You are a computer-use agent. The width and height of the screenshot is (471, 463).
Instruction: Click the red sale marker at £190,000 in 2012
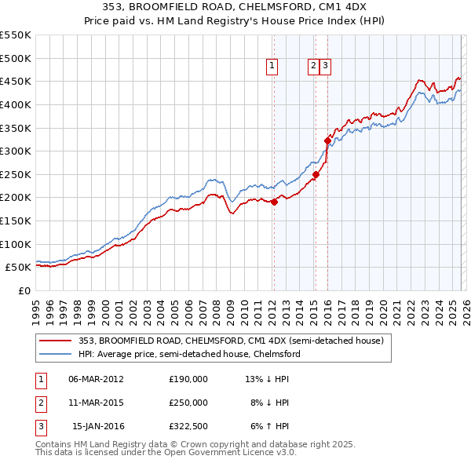tap(274, 202)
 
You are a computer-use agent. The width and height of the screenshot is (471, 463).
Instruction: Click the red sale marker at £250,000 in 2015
tap(316, 174)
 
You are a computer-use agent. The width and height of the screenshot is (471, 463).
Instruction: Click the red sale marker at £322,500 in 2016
tap(327, 140)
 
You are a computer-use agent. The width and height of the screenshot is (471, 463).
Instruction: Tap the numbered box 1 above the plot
tap(272, 67)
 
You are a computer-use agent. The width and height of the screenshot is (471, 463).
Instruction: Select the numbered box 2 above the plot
tap(314, 67)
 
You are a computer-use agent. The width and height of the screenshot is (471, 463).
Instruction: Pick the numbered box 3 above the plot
tap(325, 67)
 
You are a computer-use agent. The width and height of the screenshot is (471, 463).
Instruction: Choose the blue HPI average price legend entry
tap(189, 354)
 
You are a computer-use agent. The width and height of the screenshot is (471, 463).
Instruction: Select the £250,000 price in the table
tap(188, 403)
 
